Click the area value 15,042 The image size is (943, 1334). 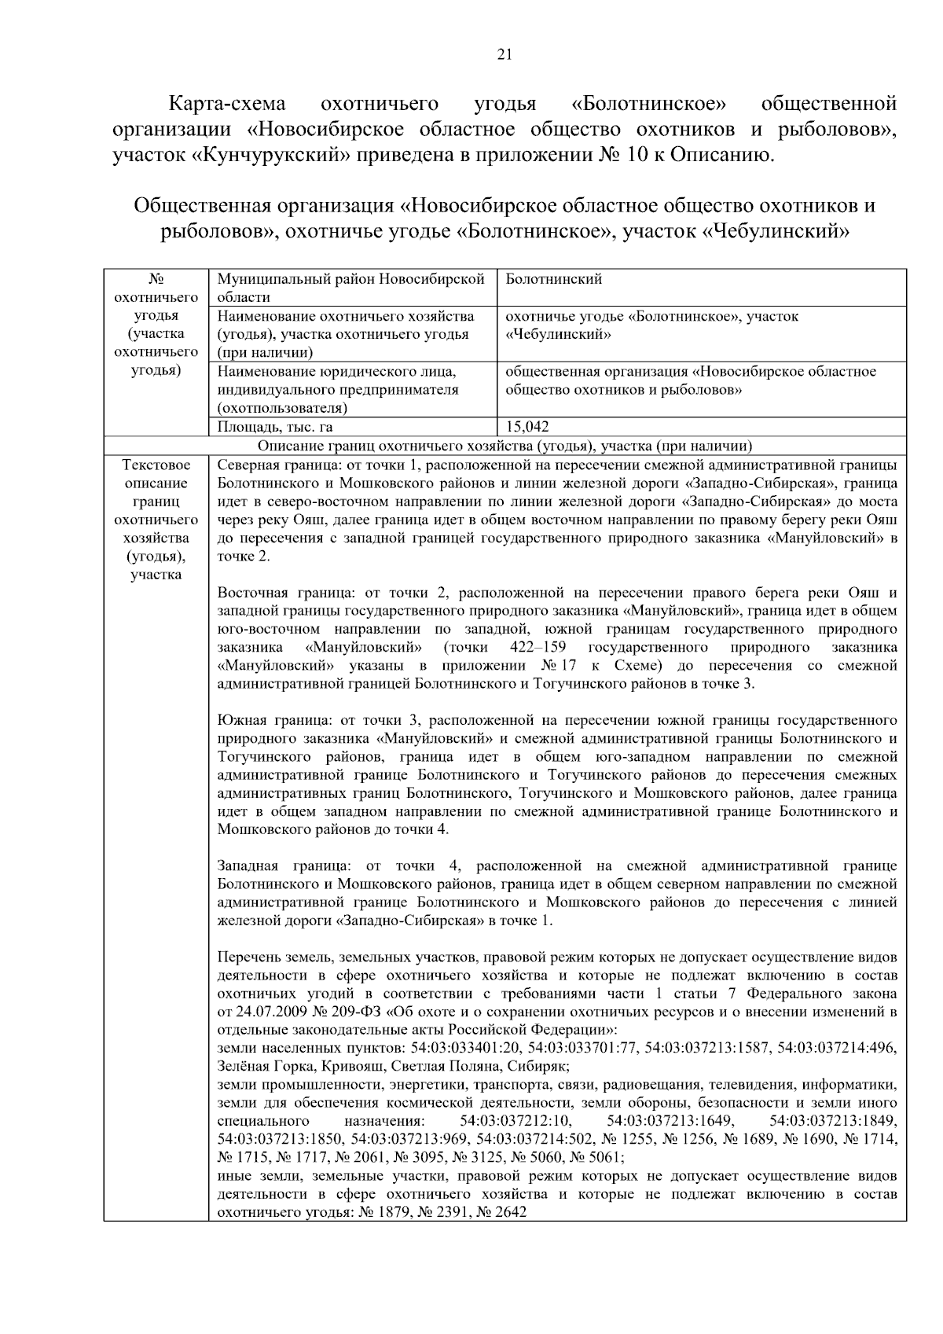coord(527,427)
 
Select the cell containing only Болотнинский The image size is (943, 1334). coord(554,279)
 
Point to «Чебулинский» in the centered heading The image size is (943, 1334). coord(773,232)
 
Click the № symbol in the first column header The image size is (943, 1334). coord(156,279)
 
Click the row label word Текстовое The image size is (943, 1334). coord(156,465)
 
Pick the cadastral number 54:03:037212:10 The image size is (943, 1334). coord(516,1121)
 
